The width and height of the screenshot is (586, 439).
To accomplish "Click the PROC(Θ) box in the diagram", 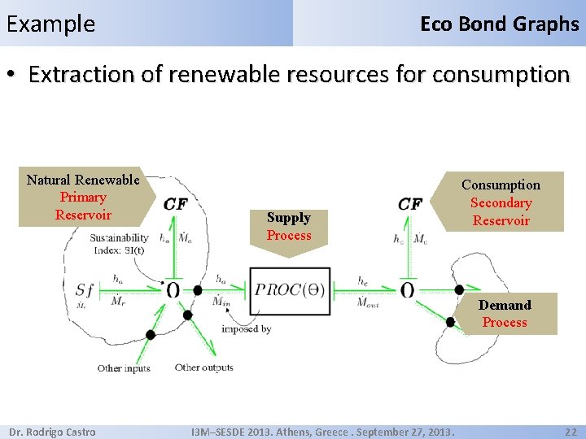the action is point(290,290).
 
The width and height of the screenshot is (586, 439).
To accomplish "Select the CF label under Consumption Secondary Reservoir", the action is point(409,203).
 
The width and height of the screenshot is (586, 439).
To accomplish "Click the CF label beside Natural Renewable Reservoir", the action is point(175,203).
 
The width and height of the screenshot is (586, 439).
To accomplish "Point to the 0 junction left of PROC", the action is point(173,290).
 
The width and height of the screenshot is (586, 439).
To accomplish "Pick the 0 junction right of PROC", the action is point(407,290).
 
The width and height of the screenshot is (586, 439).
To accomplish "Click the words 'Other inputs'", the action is point(124,368).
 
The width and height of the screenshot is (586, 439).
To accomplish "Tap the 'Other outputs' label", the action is point(203,367).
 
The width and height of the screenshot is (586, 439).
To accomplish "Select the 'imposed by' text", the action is point(246,329).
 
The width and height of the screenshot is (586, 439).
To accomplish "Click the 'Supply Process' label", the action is point(289,226).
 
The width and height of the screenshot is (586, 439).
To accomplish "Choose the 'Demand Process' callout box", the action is point(505,314).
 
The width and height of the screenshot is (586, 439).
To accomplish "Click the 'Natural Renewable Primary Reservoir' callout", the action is point(83,197).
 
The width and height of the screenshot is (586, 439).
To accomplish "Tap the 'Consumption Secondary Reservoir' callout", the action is point(501,202).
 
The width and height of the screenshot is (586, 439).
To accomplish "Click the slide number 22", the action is point(571,432).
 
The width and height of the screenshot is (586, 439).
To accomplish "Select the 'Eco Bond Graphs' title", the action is point(499,24).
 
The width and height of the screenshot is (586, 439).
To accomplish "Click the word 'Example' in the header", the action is point(50,24).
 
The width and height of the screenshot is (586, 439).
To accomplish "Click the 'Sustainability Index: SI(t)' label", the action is point(119,244).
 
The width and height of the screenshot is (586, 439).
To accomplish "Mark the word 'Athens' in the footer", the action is point(313,432).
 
